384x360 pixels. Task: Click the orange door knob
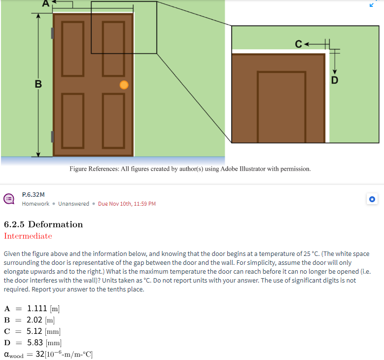(124, 85)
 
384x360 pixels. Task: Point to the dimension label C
(299, 44)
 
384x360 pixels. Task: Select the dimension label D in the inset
(335, 79)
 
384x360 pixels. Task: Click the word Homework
(35, 204)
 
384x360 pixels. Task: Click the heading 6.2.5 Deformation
(43, 224)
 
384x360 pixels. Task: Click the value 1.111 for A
(37, 309)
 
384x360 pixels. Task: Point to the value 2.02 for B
(35, 320)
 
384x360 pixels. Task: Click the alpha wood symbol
(13, 354)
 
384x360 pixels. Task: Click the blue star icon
(373, 199)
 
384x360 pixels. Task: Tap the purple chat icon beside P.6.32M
(9, 199)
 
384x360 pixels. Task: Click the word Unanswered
(73, 204)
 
